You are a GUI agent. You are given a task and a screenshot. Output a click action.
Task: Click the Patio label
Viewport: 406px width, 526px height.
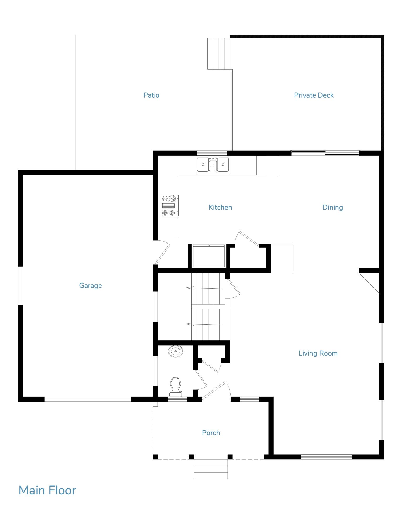pyautogui.click(x=151, y=95)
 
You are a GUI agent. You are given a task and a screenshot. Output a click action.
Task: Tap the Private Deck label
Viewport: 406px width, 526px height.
pyautogui.click(x=314, y=95)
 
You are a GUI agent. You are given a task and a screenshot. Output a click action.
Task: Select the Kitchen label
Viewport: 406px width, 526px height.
pyautogui.click(x=220, y=207)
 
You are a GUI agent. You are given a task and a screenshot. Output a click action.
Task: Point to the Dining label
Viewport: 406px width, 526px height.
pyautogui.click(x=333, y=208)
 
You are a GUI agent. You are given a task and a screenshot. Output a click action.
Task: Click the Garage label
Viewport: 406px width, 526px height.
pyautogui.click(x=90, y=285)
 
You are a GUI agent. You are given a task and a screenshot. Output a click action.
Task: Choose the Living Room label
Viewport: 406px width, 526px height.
pyautogui.click(x=318, y=353)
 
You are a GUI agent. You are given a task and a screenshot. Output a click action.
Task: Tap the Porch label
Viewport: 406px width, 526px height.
pyautogui.click(x=211, y=433)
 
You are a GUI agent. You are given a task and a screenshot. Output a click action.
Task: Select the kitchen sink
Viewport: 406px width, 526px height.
pyautogui.click(x=213, y=165)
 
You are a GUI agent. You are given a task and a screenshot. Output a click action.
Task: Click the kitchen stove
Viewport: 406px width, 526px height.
pyautogui.click(x=168, y=206)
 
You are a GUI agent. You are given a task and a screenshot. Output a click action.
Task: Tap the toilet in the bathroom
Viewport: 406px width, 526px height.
pyautogui.click(x=175, y=386)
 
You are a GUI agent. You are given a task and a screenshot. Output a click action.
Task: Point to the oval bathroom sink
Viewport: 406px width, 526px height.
pyautogui.click(x=176, y=351)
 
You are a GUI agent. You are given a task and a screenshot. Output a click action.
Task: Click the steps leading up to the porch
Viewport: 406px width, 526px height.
pyautogui.click(x=211, y=469)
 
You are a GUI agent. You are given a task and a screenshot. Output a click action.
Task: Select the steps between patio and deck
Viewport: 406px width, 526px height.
pyautogui.click(x=219, y=54)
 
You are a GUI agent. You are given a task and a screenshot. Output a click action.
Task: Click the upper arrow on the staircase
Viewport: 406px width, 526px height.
pyautogui.click(x=204, y=288)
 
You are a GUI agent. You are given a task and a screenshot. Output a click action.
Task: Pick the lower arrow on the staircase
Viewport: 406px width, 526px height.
pyautogui.click(x=204, y=324)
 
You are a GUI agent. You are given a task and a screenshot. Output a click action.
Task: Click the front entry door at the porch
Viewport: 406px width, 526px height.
pyautogui.click(x=214, y=391)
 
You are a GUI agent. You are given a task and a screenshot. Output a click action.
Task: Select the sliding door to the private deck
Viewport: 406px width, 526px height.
pyautogui.click(x=325, y=153)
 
